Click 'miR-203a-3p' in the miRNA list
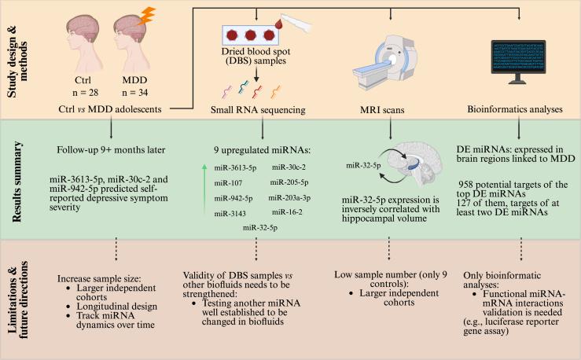291,197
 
